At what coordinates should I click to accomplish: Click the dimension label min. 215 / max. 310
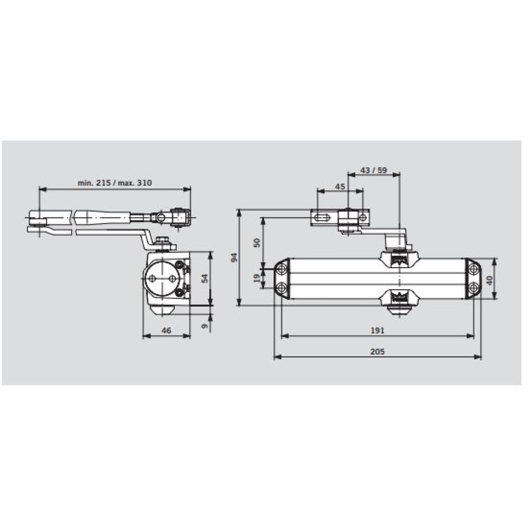(115, 183)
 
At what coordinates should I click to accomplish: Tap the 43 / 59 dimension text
(373, 170)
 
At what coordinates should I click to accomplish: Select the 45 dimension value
(339, 187)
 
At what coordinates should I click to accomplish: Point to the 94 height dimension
(234, 258)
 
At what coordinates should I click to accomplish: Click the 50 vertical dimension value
(257, 242)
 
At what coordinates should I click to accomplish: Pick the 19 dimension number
(257, 278)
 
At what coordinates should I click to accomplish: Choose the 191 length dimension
(377, 331)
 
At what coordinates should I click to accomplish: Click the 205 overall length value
(377, 352)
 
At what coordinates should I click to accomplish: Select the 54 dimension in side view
(204, 278)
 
